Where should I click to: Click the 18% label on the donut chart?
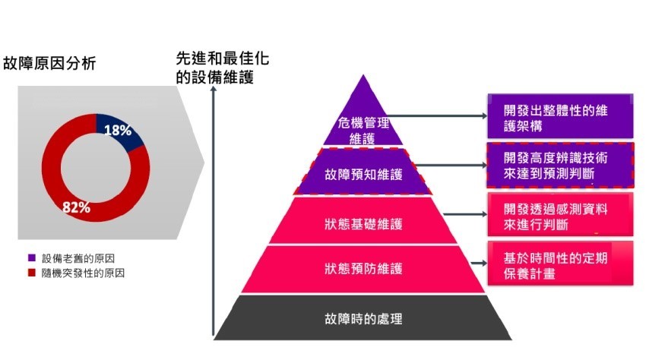(118, 131)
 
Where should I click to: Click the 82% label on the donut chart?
(76, 207)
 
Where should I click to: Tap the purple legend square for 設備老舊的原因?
(32, 257)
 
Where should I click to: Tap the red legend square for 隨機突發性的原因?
(32, 273)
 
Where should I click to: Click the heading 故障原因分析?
(49, 63)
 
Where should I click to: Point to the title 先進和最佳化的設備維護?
(223, 68)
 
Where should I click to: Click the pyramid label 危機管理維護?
(363, 131)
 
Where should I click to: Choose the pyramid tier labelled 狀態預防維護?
(363, 269)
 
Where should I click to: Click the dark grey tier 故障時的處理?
(363, 317)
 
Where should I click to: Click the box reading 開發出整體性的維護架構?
(560, 116)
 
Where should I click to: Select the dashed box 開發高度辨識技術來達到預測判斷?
(560, 165)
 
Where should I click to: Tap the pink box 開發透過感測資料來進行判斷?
(560, 214)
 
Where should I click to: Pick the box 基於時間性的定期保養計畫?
(560, 264)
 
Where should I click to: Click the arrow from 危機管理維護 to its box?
(437, 116)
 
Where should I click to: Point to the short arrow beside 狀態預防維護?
(479, 264)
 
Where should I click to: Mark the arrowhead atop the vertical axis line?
(214, 89)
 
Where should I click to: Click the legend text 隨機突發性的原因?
(83, 273)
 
